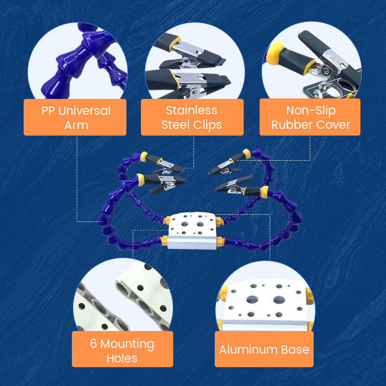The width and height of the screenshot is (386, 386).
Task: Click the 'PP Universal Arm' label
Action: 75,117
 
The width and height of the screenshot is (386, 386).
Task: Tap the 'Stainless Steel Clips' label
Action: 192,117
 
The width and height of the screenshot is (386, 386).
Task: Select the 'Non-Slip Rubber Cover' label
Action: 310,117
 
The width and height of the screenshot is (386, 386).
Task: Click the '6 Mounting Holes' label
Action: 122,350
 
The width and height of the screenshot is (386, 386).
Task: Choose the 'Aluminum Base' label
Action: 264,349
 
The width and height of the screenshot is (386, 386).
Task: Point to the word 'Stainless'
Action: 192,110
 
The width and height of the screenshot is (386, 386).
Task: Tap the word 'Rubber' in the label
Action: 290,124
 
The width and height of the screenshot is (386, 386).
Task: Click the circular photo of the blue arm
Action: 77,63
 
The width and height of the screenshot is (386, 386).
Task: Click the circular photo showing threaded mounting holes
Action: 123,299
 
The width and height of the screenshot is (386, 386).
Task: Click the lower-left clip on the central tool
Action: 163,183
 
